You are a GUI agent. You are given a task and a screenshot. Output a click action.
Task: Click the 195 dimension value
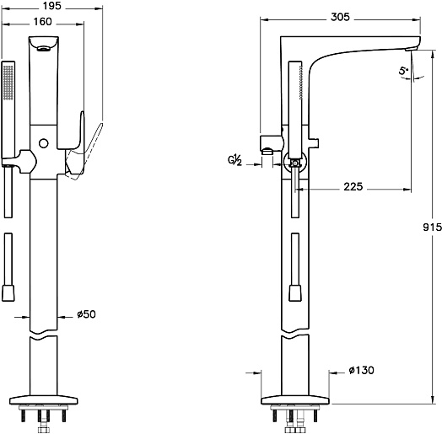click(x=51, y=6)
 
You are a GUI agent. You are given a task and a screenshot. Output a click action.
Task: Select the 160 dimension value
click(x=42, y=22)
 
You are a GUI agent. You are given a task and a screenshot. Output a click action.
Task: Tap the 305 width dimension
click(x=340, y=17)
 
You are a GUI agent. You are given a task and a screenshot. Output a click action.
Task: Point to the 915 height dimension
click(x=433, y=227)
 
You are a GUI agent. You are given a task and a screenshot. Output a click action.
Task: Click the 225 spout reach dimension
click(x=353, y=186)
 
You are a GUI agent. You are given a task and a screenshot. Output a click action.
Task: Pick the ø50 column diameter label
click(x=87, y=314)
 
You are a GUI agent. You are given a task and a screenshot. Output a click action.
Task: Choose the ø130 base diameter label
click(x=361, y=370)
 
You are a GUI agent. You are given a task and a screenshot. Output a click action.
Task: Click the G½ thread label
click(x=234, y=160)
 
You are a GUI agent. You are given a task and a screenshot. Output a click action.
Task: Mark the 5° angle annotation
click(x=403, y=71)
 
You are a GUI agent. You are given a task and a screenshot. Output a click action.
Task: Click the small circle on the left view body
click(x=43, y=143)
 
